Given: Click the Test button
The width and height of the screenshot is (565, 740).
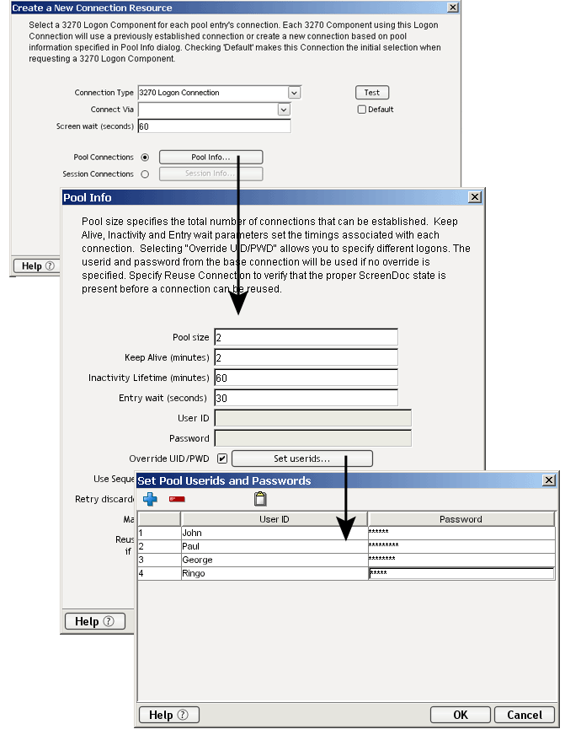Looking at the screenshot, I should point(371,93).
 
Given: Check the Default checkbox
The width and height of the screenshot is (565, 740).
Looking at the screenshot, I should point(362,110).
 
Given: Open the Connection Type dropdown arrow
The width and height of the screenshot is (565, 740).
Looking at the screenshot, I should point(294,93).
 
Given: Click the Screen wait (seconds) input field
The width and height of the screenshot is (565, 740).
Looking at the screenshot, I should point(214,126).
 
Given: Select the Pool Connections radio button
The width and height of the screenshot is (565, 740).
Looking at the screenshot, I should point(145,158).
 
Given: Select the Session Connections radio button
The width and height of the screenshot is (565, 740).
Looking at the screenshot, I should point(145,174).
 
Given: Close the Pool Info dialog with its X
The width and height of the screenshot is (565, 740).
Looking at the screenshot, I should point(475,197).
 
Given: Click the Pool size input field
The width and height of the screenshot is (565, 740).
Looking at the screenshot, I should point(306,337).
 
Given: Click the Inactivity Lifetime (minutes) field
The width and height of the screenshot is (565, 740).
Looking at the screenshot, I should point(306,378).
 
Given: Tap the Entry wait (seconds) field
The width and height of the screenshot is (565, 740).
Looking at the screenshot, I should point(306,398).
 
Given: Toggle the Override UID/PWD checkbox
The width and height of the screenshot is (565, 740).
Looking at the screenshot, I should point(221,458).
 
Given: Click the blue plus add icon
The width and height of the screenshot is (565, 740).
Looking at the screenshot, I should point(150,499).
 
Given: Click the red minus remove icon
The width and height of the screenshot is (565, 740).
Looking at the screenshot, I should point(177,499).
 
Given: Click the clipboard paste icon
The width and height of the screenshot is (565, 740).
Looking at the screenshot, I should point(260,499).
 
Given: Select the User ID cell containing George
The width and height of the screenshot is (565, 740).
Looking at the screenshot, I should point(274,560).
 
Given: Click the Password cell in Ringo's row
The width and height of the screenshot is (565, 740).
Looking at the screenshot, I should point(461,574).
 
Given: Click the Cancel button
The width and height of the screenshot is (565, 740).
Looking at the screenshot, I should point(525,715).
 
